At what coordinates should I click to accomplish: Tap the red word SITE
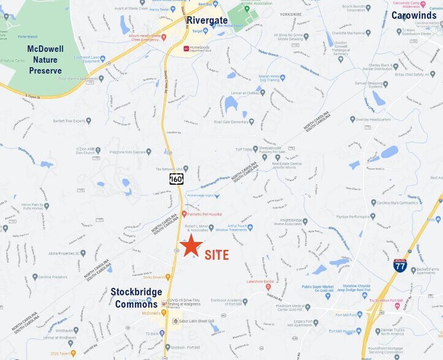pyautogui.click(x=217, y=254)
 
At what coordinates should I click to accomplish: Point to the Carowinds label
pyautogui.click(x=414, y=15)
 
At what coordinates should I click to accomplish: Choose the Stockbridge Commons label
pyautogui.click(x=136, y=298)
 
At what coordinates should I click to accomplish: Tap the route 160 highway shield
pyautogui.click(x=176, y=179)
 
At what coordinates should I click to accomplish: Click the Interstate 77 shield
pyautogui.click(x=400, y=265)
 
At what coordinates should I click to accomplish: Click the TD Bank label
pyautogui.click(x=153, y=333)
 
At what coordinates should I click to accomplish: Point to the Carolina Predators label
pyautogui.click(x=52, y=277)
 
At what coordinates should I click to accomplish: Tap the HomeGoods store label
pyautogui.click(x=202, y=49)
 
